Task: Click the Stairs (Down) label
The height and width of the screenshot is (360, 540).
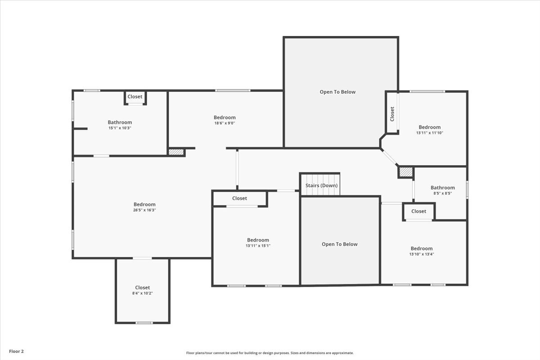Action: pos(321,185)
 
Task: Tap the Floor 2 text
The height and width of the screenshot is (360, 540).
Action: pos(17,351)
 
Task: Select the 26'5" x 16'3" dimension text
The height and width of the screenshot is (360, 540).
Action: pos(144,210)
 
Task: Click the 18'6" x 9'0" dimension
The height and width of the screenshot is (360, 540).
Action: pos(225,123)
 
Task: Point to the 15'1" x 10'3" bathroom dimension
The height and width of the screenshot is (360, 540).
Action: pos(120,128)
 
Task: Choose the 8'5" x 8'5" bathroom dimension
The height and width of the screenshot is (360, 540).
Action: pos(442,193)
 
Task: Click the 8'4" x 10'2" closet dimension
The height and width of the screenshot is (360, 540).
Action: pos(142,293)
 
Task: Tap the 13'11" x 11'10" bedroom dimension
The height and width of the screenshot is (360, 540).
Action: pos(429,133)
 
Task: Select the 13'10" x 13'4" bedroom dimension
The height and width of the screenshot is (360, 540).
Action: pos(421,254)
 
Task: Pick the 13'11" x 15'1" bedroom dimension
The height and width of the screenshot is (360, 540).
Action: pos(258,245)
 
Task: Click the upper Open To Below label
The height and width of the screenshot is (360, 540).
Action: pos(337,92)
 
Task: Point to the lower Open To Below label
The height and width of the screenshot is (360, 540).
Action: pos(340,244)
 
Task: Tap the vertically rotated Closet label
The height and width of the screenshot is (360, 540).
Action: pos(392,113)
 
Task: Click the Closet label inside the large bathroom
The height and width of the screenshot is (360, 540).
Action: pos(135,97)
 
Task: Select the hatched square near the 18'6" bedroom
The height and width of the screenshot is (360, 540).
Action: pos(176,152)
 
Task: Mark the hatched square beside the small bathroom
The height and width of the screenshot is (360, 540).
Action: pos(405,172)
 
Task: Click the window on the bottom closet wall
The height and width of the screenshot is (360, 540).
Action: pos(144,323)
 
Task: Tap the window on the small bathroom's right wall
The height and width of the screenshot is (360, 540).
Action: pos(467,189)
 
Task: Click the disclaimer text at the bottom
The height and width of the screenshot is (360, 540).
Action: pos(270,353)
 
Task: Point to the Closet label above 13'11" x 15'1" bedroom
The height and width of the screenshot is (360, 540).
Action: pos(239,198)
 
